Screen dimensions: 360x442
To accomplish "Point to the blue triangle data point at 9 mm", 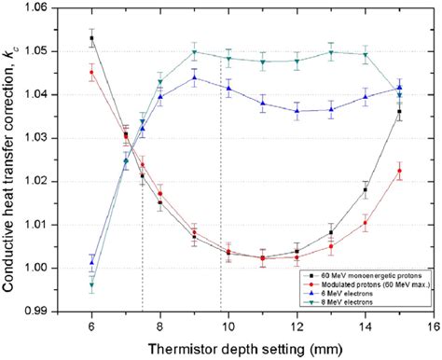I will coord(194,78).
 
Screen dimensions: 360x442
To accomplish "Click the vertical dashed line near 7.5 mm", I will coord(142,233).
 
